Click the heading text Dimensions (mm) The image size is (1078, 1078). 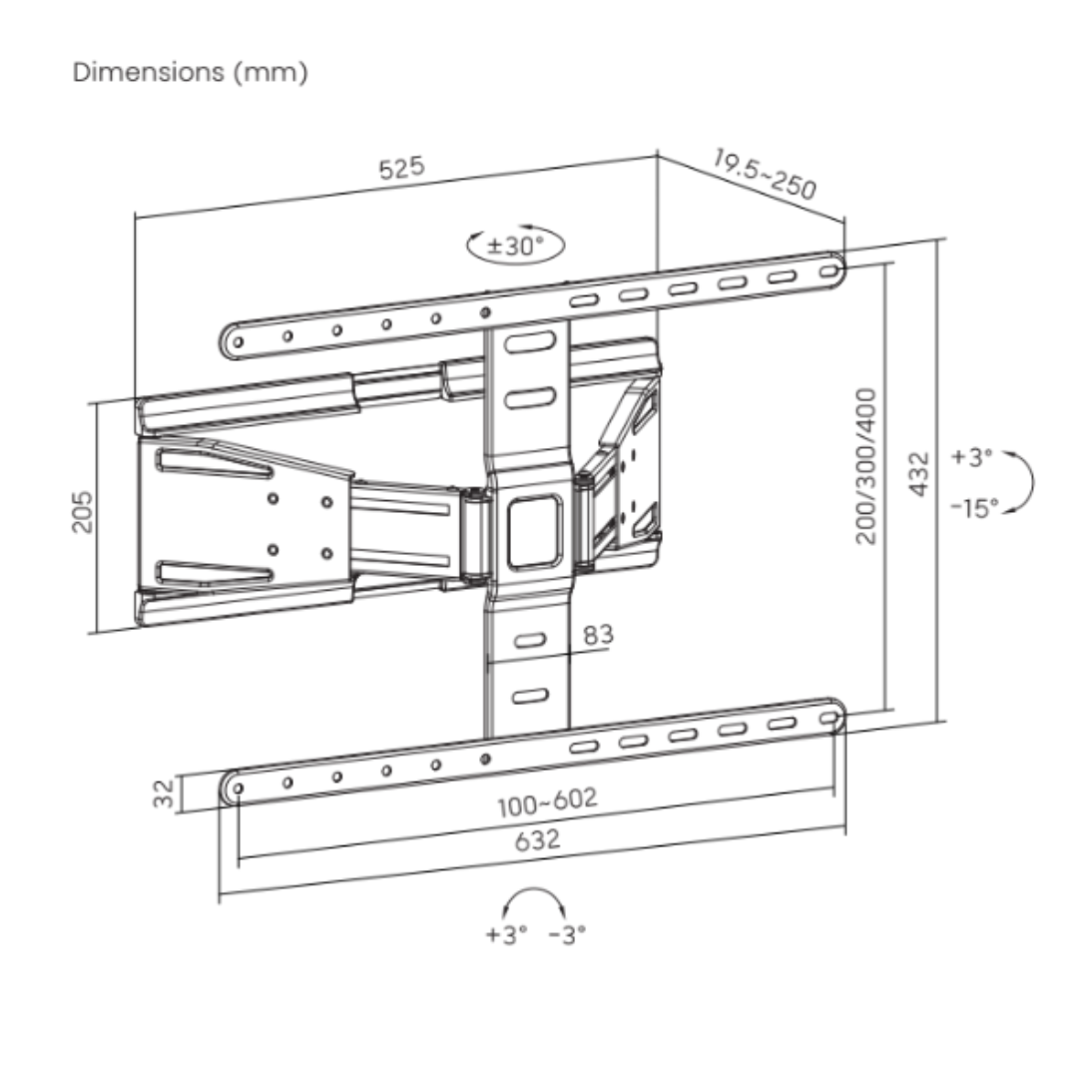(190, 72)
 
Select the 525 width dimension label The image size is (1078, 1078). (402, 168)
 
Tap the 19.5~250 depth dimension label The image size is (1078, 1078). (765, 174)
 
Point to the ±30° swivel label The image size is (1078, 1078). (515, 246)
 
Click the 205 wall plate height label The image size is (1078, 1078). (82, 511)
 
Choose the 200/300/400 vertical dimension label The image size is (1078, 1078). (866, 466)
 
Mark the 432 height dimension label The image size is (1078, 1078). (918, 473)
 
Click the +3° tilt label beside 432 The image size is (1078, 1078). (971, 456)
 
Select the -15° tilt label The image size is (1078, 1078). (974, 508)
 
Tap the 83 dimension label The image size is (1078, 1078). (598, 635)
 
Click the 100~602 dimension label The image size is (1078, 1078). (547, 803)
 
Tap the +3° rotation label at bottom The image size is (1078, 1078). (506, 934)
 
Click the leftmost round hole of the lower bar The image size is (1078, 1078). (238, 788)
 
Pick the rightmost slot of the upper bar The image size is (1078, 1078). (829, 270)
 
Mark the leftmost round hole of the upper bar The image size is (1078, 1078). (238, 341)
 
